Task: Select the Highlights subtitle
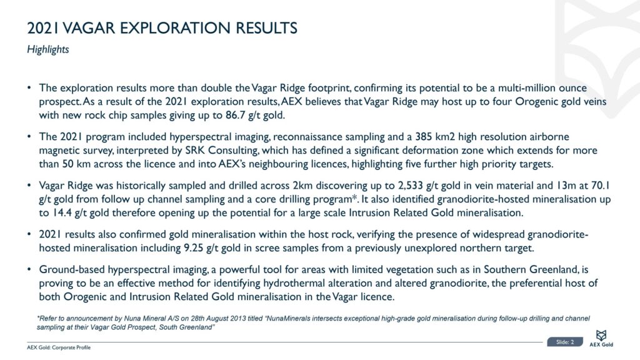pyautogui.click(x=47, y=50)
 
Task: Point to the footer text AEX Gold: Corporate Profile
pyautogui.click(x=58, y=347)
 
